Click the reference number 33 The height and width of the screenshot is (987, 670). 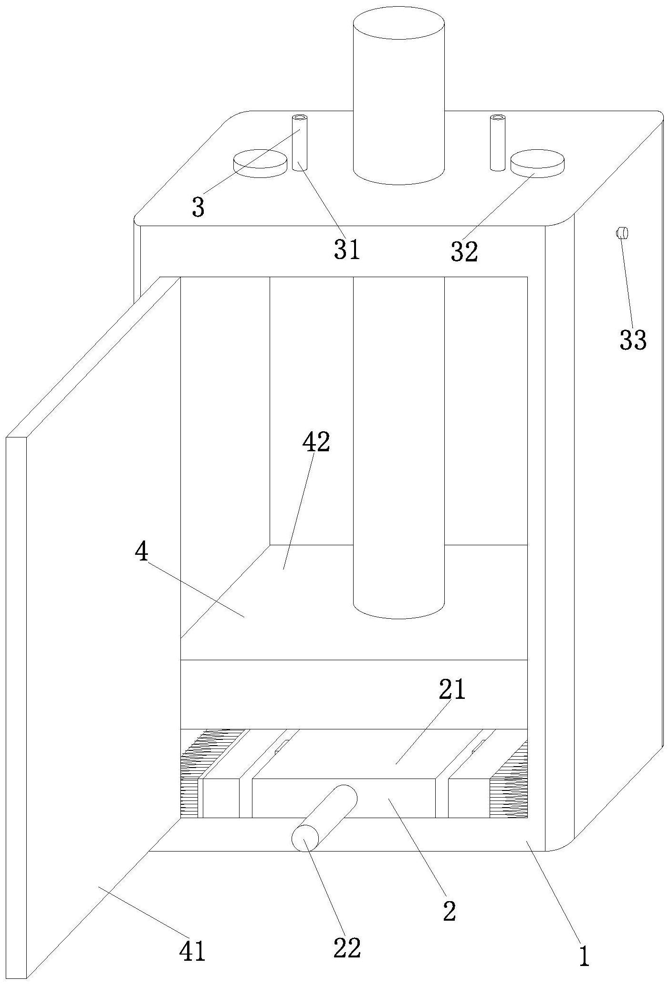click(633, 340)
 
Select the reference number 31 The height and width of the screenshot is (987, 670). click(347, 249)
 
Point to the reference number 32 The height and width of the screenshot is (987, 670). click(464, 251)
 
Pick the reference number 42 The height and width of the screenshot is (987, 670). click(316, 442)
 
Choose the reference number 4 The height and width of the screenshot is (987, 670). click(142, 552)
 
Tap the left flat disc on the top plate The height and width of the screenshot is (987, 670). click(260, 163)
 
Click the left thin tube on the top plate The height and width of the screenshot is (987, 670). click(300, 143)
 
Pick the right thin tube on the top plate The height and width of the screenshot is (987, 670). click(498, 143)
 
